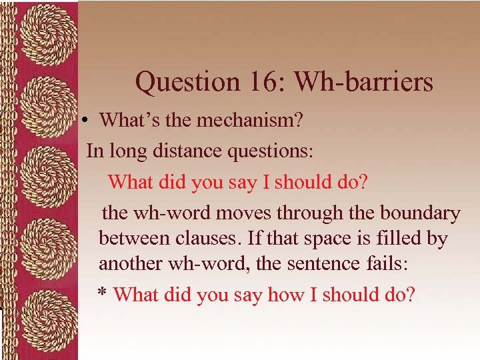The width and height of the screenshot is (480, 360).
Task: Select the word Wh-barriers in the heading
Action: point(364,83)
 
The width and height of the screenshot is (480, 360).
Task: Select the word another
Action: point(130,263)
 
